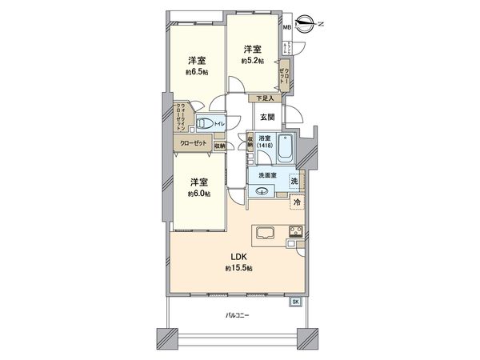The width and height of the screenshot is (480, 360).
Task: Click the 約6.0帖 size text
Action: pyautogui.click(x=199, y=193)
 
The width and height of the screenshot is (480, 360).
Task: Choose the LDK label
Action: pyautogui.click(x=237, y=257)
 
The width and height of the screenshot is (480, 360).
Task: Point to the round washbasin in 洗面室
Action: pyautogui.click(x=262, y=190)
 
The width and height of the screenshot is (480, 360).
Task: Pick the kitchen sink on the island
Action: pyautogui.click(x=266, y=234)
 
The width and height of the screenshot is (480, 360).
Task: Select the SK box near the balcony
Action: pyautogui.click(x=294, y=301)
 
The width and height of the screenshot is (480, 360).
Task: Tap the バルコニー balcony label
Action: pyautogui.click(x=236, y=316)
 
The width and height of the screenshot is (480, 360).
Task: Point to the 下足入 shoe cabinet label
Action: pyautogui.click(x=265, y=98)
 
